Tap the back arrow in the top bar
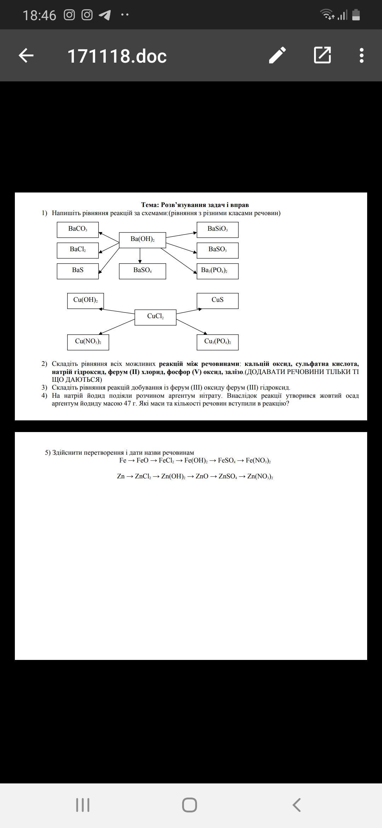[x=26, y=56]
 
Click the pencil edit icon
[x=278, y=55]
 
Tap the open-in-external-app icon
[x=322, y=55]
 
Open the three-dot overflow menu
[x=361, y=56]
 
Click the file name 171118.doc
[x=117, y=56]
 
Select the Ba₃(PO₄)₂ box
[x=218, y=271]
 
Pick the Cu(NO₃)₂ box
[x=88, y=342]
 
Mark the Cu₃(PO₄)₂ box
[x=218, y=342]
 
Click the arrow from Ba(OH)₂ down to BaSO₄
[x=140, y=255]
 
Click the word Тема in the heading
[x=150, y=205]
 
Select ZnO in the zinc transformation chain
[x=202, y=476]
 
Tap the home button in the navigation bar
[x=190, y=805]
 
